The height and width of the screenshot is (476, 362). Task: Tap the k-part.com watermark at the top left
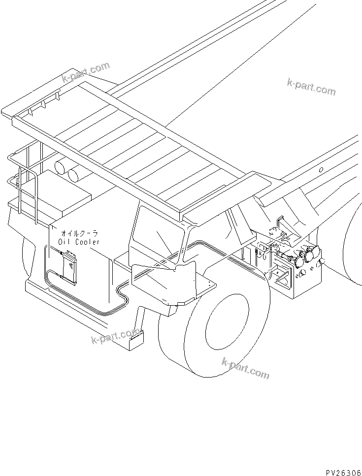(x=85, y=72)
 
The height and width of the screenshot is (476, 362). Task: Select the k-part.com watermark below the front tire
(x=245, y=368)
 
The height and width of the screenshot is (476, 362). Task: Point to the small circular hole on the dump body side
(x=321, y=170)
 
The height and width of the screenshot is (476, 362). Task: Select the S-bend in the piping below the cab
(x=121, y=296)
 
